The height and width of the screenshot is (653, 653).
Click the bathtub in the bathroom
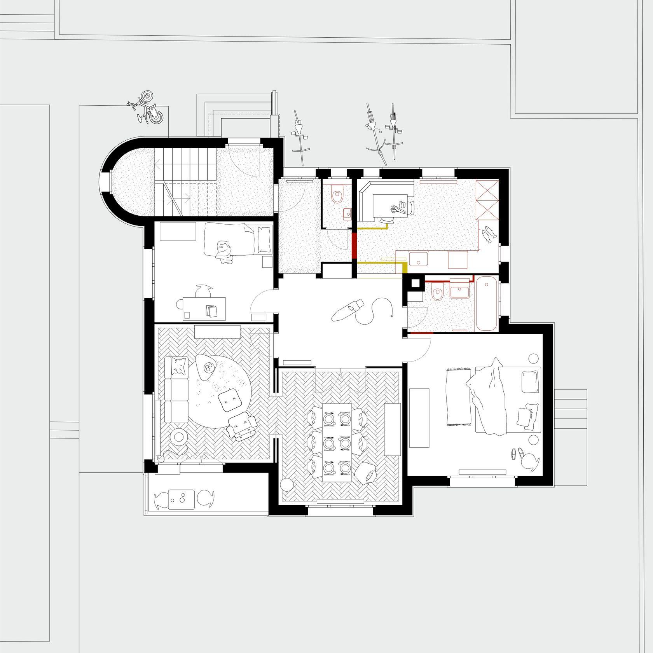(x=487, y=304)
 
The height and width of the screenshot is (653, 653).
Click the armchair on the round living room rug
(x=242, y=426)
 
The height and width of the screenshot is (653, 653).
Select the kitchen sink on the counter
(x=418, y=258)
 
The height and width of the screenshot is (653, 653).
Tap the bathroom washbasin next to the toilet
(x=460, y=290)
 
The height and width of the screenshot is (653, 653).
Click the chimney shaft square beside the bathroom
(x=415, y=283)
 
